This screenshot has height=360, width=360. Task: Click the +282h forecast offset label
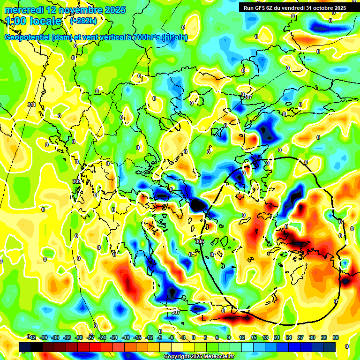point(83,21)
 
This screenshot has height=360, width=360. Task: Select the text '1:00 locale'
point(33,21)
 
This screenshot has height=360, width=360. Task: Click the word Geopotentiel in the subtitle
point(28,37)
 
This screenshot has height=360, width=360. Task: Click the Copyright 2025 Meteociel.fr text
point(199,356)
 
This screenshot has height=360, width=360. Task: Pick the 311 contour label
point(31,105)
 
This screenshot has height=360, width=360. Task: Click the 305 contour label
point(200,241)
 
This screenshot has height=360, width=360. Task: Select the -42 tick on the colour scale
point(32,337)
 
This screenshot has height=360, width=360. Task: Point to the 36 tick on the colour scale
point(336,337)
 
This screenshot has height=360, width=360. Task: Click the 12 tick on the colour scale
point(242,337)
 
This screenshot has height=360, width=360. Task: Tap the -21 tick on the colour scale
point(113,337)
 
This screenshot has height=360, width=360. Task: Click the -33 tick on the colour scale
point(67,337)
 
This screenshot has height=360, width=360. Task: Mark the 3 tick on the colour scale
point(205,337)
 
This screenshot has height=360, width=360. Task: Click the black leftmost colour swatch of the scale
point(25,347)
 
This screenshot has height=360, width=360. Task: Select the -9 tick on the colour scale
point(160,337)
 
